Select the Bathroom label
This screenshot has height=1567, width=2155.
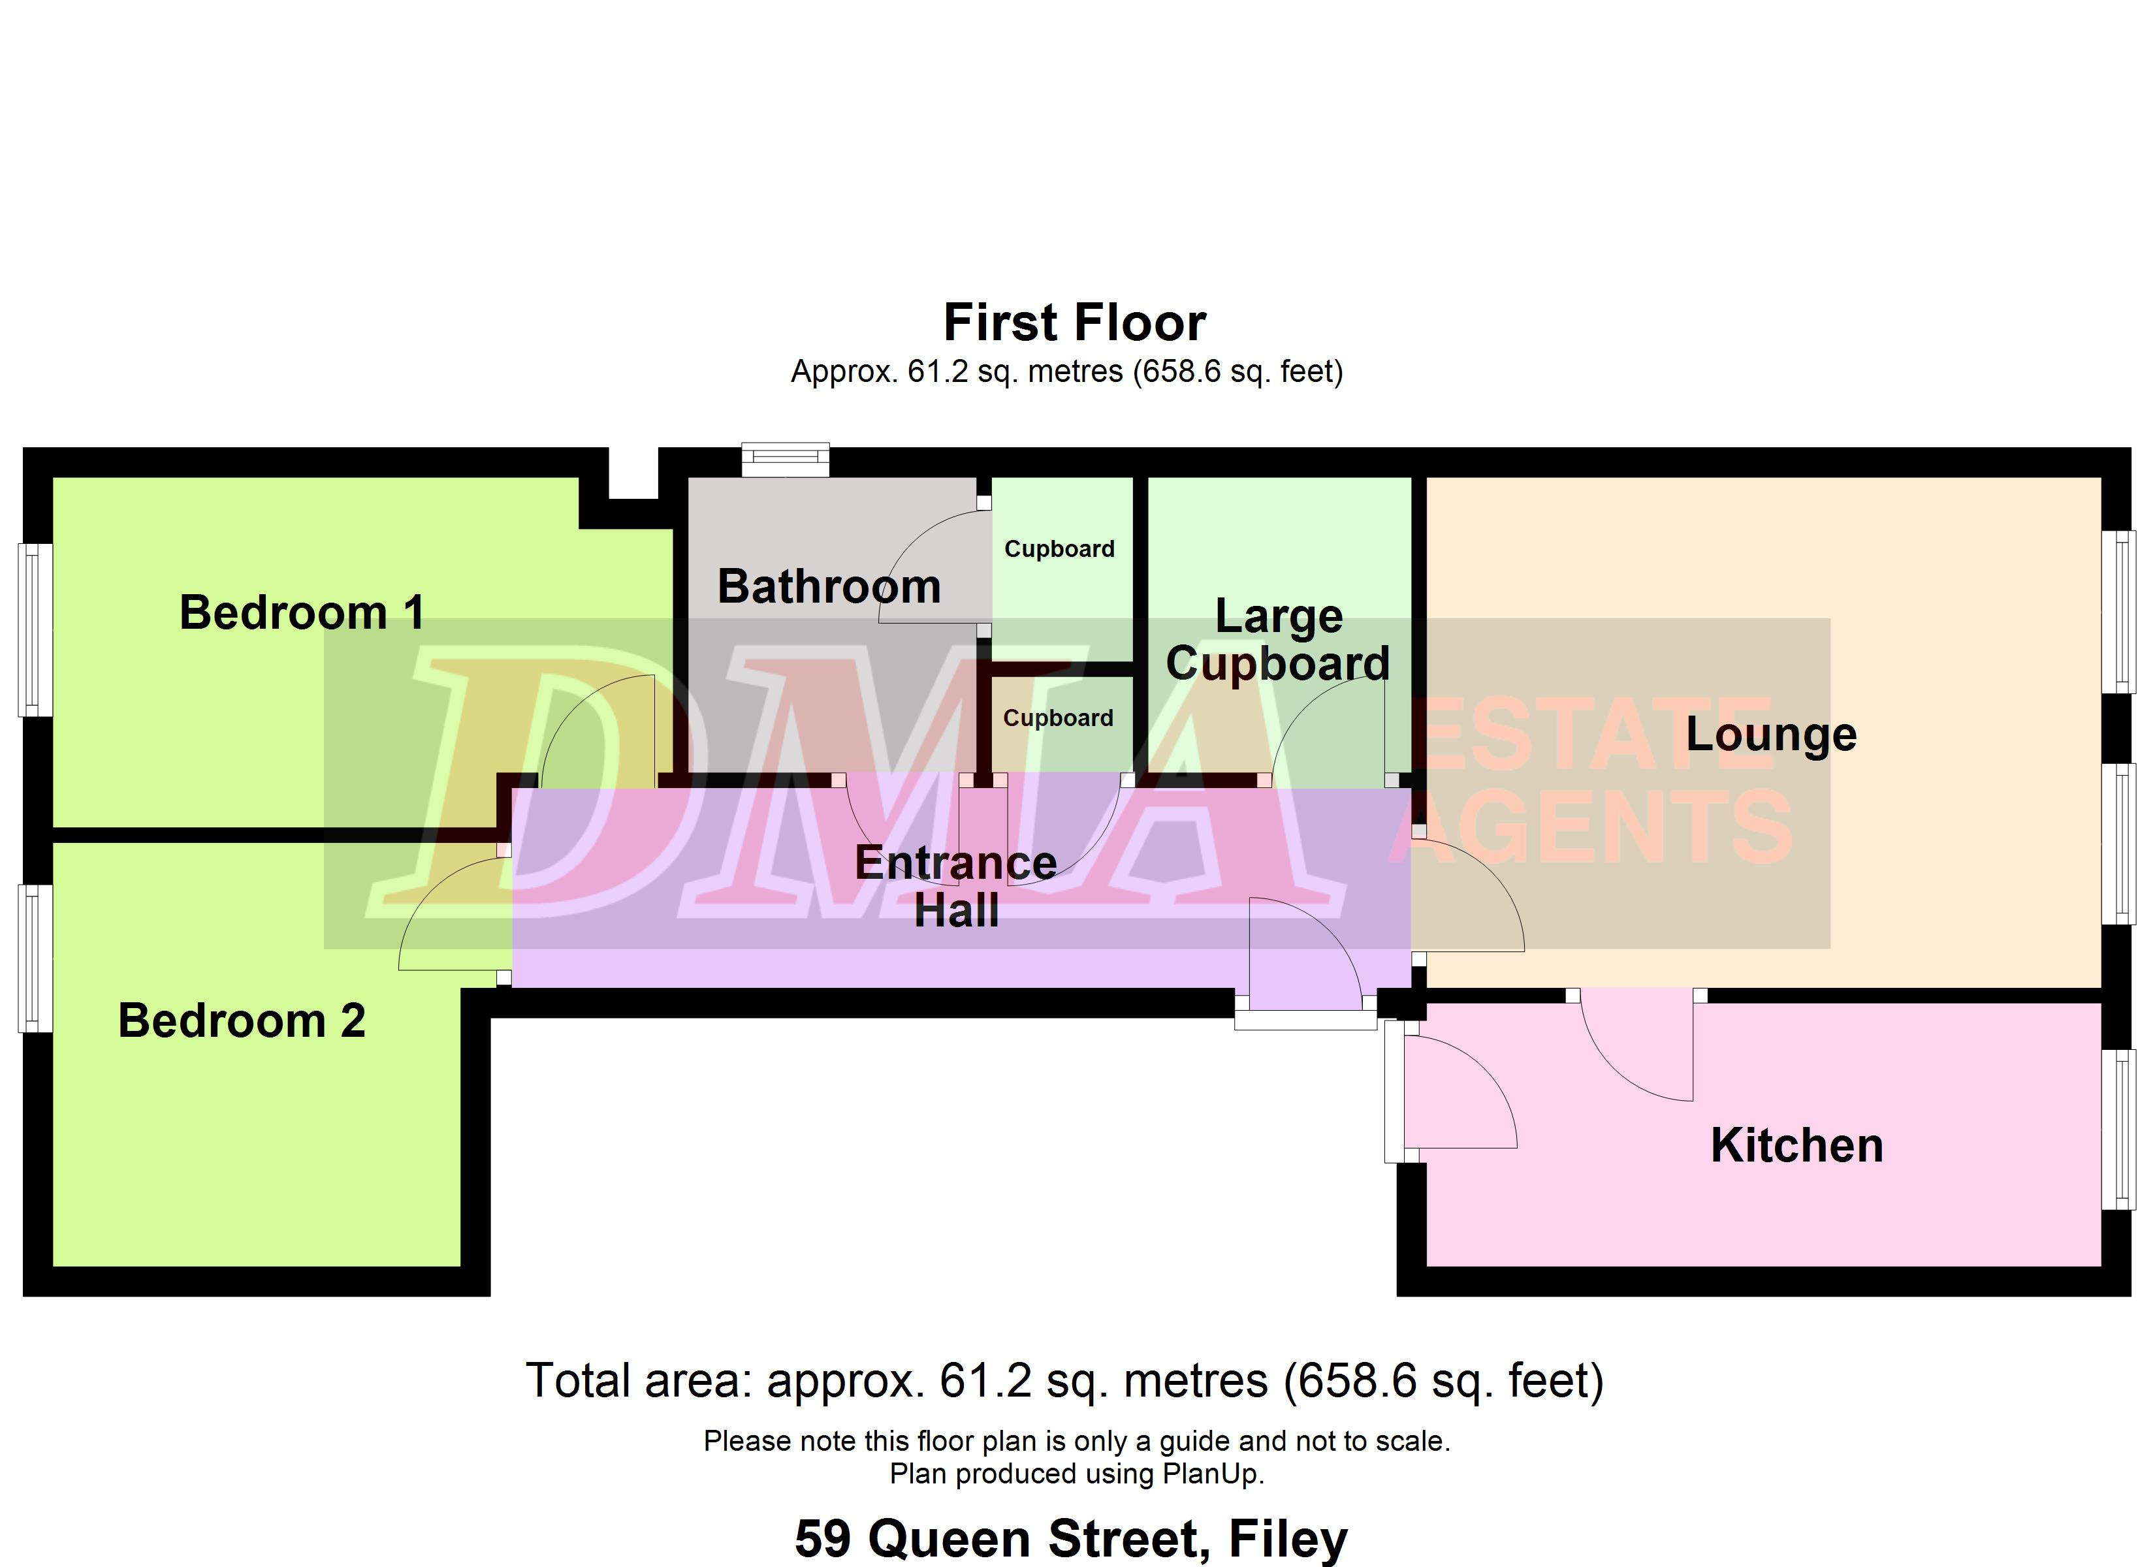point(829,586)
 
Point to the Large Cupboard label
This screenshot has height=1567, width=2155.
point(1278,640)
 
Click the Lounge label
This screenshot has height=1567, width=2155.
point(1771,735)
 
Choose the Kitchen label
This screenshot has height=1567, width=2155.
point(1796,1145)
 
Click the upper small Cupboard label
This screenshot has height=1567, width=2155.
point(1059,549)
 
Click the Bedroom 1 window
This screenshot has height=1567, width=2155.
point(36,629)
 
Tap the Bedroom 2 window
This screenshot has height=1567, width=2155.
point(36,958)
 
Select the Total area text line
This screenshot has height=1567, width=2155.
point(1065,1381)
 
